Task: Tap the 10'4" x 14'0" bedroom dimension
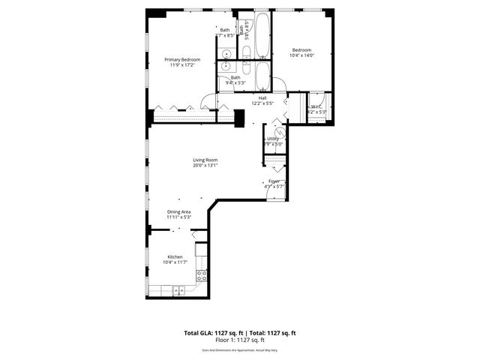pos(302,55)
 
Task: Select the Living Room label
pos(205,160)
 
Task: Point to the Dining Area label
pos(178,211)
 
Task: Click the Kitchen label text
pos(175,256)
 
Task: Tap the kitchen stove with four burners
pos(201,274)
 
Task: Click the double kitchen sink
pos(178,290)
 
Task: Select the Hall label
pos(262,97)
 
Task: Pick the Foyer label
pos(274,181)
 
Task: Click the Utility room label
pos(273,139)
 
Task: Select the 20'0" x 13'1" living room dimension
pos(205,166)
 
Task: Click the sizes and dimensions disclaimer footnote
pos(240,349)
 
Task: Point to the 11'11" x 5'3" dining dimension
pos(178,217)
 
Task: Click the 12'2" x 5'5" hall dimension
pos(262,103)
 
